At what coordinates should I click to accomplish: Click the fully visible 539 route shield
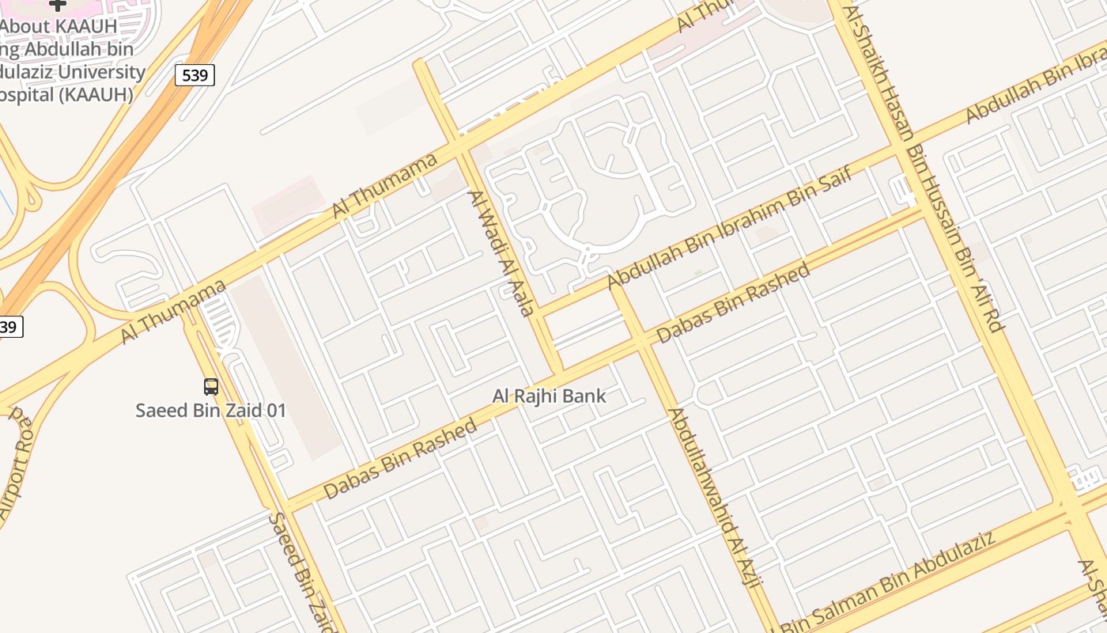[195, 75]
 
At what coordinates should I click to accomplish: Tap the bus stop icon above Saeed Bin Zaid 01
[211, 387]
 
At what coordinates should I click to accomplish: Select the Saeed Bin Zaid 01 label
[210, 411]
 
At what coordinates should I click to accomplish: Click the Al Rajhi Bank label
[549, 396]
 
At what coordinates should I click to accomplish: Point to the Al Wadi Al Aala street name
[501, 252]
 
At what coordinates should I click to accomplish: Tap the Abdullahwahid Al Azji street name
[715, 498]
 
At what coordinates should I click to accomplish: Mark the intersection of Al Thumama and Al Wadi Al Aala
[459, 146]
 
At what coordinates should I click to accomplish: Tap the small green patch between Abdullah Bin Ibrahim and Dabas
[698, 273]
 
